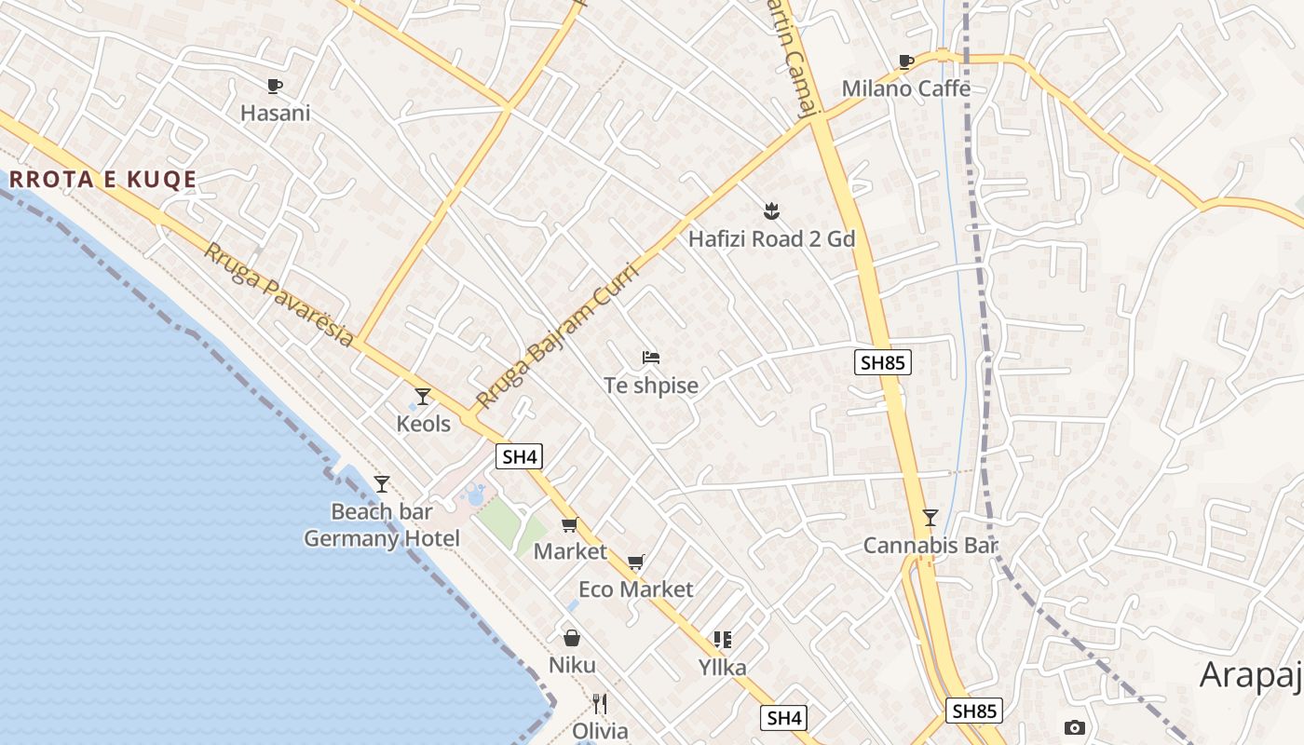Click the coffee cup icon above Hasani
coord(275,87)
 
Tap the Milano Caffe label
coord(905,88)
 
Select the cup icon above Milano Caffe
coord(905,62)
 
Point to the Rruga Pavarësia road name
coord(278,294)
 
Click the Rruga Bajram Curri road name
coord(556,337)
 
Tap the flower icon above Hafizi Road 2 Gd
coord(770,210)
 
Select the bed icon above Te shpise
coord(651,358)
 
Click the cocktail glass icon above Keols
coord(423,397)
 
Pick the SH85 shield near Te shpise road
coord(882,362)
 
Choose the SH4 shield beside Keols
coord(519,456)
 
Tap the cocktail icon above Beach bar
coord(381,483)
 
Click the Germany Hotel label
coord(382,538)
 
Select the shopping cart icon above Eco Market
coord(636,562)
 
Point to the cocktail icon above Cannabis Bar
coord(930,518)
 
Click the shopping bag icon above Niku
coord(572,638)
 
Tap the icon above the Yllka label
coord(723,640)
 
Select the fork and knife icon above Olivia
coord(600,704)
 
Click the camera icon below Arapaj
coord(1074,727)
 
